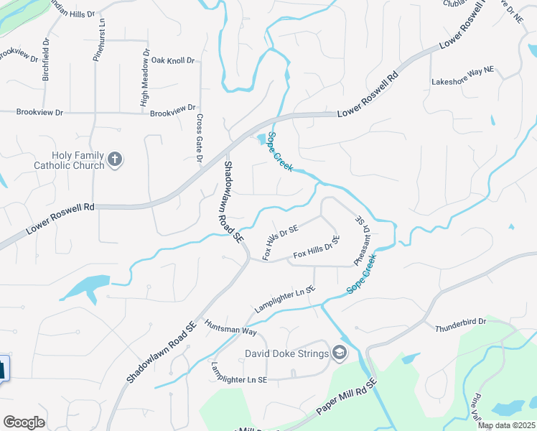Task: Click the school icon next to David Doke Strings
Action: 339,353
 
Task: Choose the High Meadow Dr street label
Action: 145,79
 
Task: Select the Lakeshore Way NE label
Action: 463,81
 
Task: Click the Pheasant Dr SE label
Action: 361,241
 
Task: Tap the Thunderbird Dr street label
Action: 461,325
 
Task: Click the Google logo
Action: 24,422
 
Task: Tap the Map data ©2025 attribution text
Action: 506,425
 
